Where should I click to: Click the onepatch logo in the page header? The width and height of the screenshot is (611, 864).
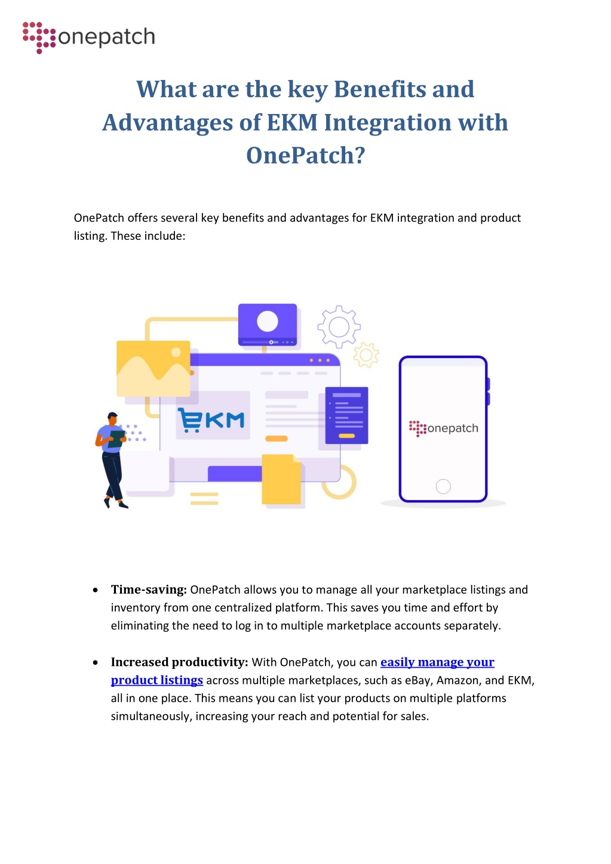click(x=89, y=38)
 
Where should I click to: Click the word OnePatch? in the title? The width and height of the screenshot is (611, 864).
click(x=305, y=156)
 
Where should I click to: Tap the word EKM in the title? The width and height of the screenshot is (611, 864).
click(x=292, y=122)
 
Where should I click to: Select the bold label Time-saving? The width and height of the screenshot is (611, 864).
click(x=149, y=590)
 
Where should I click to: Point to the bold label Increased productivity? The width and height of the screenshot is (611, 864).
click(x=180, y=662)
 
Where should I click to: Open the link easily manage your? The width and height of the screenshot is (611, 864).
click(x=437, y=662)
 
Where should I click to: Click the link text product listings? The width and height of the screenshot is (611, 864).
click(x=156, y=680)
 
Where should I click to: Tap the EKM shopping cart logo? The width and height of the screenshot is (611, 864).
click(x=211, y=419)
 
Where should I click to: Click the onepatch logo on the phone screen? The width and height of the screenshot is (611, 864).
click(x=444, y=428)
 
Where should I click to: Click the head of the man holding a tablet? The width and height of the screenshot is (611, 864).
click(x=112, y=418)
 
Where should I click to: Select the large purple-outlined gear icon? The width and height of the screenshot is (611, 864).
click(x=339, y=327)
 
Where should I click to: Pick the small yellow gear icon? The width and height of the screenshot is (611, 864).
click(x=366, y=354)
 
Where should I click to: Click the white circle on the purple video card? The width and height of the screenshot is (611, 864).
click(x=268, y=321)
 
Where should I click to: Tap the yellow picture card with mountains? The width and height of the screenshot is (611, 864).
click(x=153, y=368)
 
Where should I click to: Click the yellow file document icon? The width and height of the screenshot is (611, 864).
click(x=281, y=479)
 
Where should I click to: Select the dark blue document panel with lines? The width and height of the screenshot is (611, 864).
click(x=346, y=415)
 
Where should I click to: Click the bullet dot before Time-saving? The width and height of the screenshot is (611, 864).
click(x=96, y=590)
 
